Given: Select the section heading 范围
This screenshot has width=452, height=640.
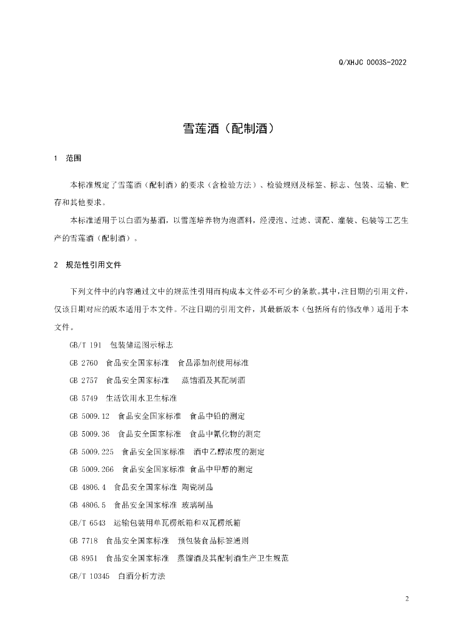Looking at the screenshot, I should click(x=73, y=159).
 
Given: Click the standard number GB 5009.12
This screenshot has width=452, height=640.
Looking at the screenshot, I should click(x=90, y=416).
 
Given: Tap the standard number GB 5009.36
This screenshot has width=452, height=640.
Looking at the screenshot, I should click(x=90, y=433).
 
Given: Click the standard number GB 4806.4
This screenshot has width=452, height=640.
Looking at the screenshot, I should click(x=88, y=486).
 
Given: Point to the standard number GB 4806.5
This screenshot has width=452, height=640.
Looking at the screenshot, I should click(x=88, y=504).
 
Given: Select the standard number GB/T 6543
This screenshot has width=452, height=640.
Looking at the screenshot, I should click(x=88, y=522).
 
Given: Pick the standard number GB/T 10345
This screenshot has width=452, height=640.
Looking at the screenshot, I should click(x=90, y=575).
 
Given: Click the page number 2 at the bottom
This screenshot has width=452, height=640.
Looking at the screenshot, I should click(x=406, y=599).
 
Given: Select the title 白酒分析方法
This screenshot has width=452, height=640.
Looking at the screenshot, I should click(x=141, y=575).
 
